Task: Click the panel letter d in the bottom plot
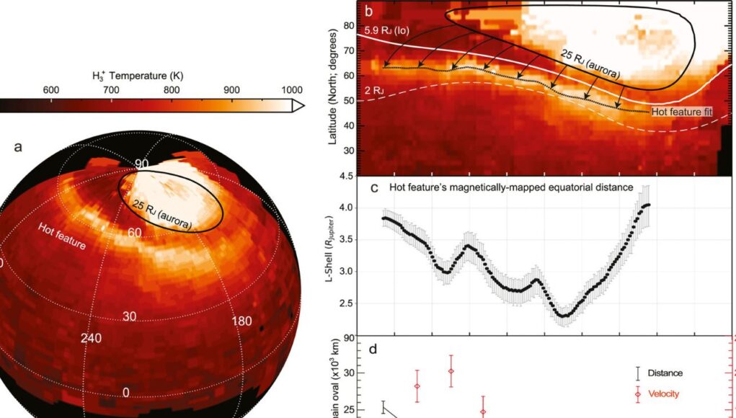pyautogui.click(x=373, y=350)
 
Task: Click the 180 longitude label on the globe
pyautogui.click(x=242, y=321)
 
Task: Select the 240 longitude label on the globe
pyautogui.click(x=91, y=337)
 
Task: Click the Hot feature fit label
pyautogui.click(x=683, y=112)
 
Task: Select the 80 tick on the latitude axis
pyautogui.click(x=348, y=26)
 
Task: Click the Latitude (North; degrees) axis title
pyautogui.click(x=332, y=86)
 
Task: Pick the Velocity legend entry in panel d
pyautogui.click(x=663, y=394)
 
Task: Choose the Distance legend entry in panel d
pyautogui.click(x=665, y=373)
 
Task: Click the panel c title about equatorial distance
pyautogui.click(x=512, y=187)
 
